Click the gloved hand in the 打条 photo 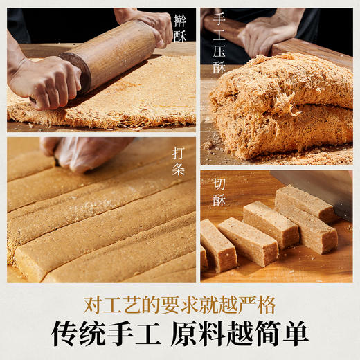pos(87,152)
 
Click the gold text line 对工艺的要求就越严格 pos(179,304)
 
